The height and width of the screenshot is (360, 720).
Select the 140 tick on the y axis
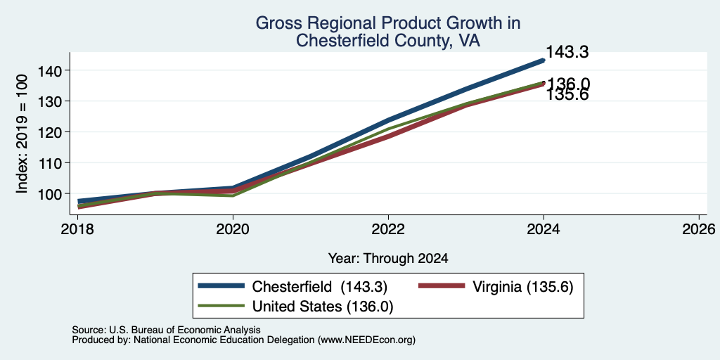(49, 70)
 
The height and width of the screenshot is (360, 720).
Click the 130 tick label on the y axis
(49, 101)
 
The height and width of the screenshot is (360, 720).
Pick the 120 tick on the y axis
(49, 131)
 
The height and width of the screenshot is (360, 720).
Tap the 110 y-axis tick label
(49, 162)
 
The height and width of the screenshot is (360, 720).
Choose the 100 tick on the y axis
(49, 193)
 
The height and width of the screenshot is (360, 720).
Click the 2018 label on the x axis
(77, 229)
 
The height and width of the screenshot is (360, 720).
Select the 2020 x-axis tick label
(233, 229)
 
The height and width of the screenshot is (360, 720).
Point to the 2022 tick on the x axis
(388, 229)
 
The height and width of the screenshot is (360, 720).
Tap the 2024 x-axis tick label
(544, 229)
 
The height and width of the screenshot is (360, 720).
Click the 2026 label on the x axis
(699, 229)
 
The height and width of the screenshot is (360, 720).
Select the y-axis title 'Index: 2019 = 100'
(22, 134)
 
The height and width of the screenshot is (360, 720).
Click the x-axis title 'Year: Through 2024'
(388, 259)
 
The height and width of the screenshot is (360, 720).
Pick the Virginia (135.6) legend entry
(496, 287)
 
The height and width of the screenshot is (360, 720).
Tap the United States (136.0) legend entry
(296, 307)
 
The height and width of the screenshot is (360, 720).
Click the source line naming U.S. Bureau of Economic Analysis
(166, 330)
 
